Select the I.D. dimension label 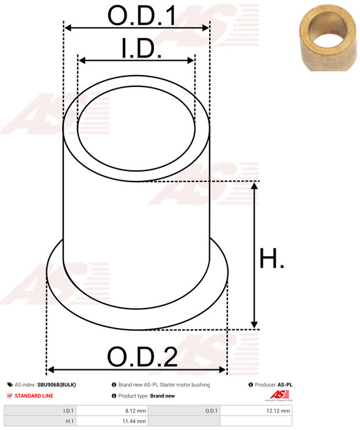[x=141, y=49]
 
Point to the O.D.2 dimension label [x=142, y=357]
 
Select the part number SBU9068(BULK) [x=56, y=385]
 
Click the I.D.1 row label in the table [x=68, y=411]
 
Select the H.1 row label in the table [x=69, y=422]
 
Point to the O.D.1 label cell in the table [x=211, y=411]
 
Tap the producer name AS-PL [x=285, y=385]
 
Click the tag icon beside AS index [x=9, y=385]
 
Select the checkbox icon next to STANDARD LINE [x=9, y=396]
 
